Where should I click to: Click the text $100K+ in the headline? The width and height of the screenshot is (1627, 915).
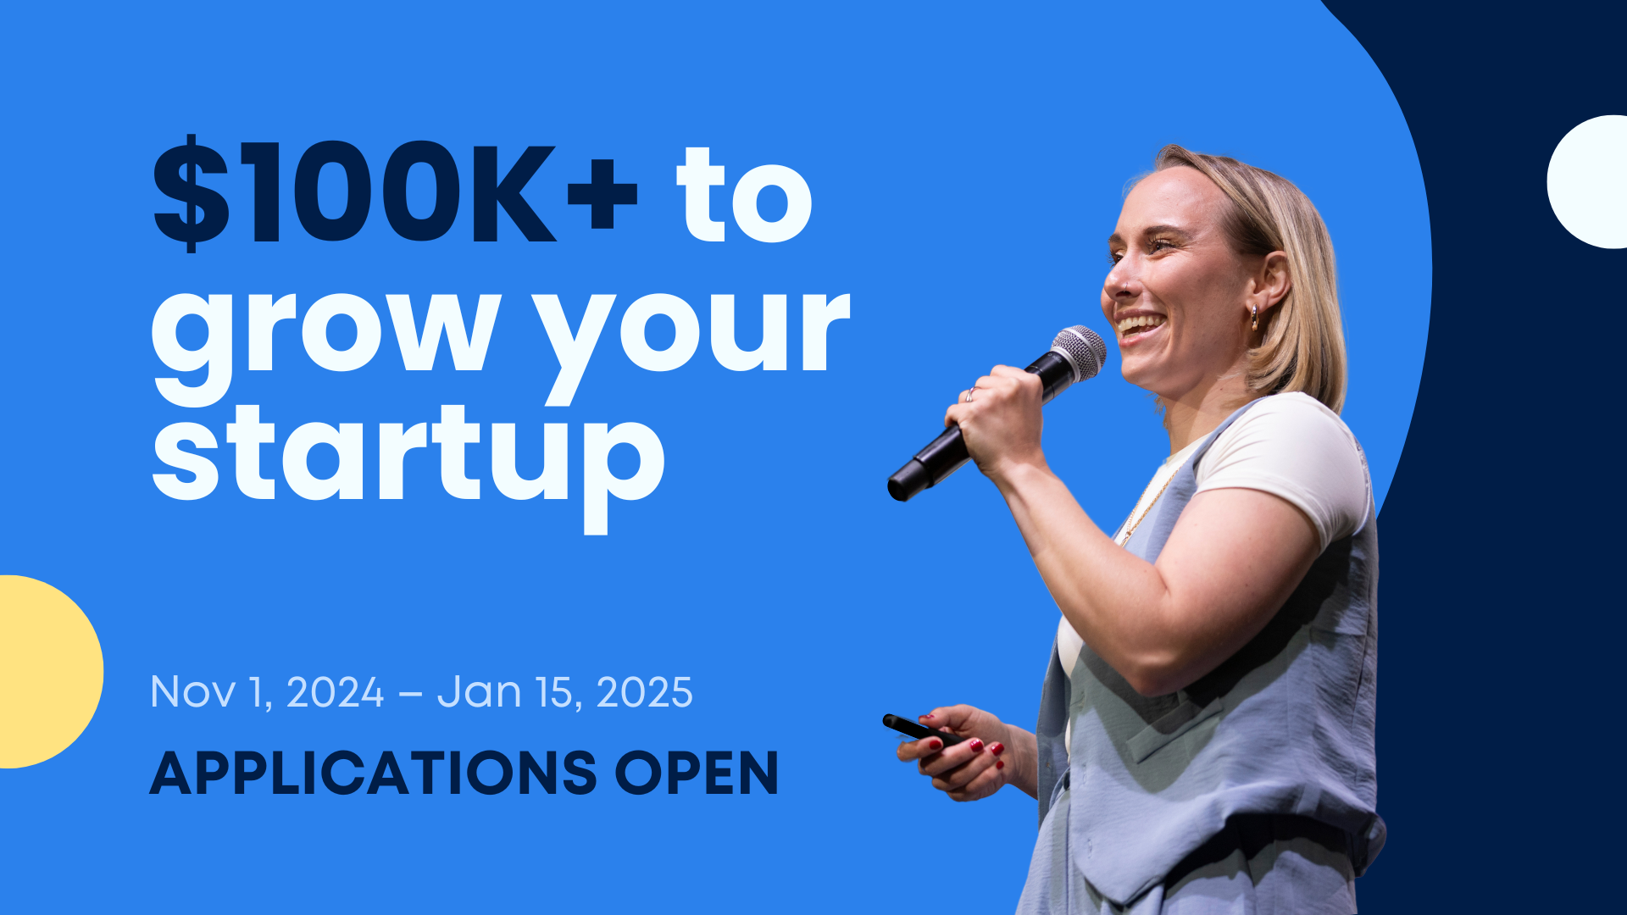click(395, 193)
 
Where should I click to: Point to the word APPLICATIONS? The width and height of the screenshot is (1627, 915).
click(374, 773)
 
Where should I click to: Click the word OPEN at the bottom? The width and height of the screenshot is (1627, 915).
click(697, 773)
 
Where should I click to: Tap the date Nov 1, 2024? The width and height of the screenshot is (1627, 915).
click(267, 692)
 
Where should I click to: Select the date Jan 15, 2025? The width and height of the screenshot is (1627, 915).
click(565, 692)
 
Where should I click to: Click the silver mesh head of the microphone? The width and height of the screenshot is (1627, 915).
click(1080, 351)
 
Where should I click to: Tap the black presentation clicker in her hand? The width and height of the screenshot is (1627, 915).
click(920, 730)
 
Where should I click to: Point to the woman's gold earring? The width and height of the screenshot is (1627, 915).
click(1255, 318)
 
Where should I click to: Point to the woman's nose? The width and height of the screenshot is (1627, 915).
click(1115, 276)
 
